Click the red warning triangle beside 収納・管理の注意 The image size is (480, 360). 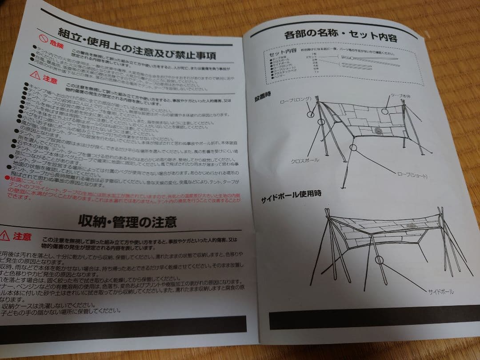5,235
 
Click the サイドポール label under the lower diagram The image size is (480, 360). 441,292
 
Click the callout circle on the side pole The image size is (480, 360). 380,260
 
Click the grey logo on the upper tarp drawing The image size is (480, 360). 378,130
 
